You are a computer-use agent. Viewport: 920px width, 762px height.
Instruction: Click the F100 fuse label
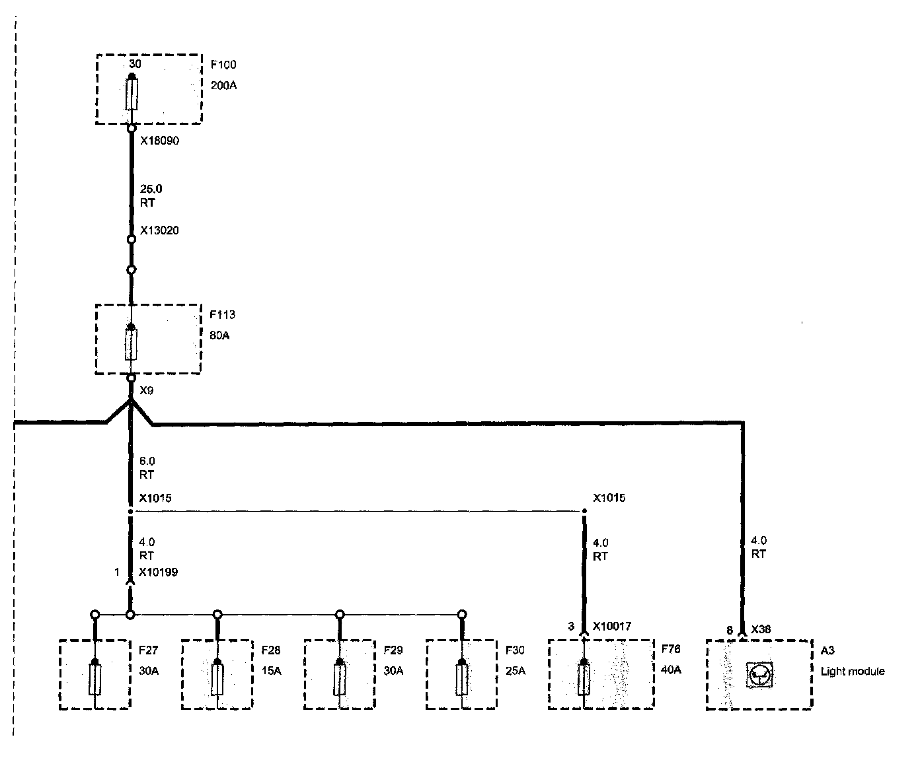[223, 65]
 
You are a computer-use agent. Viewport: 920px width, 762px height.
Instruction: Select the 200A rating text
[223, 85]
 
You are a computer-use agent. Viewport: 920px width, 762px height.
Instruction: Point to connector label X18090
[159, 141]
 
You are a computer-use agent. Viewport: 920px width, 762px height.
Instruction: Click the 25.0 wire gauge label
[151, 189]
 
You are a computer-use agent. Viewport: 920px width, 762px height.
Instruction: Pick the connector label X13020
[159, 230]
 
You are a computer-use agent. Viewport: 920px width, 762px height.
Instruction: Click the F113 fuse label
[222, 315]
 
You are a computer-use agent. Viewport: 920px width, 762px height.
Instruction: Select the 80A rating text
[220, 335]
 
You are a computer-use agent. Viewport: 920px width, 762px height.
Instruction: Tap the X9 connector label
[147, 390]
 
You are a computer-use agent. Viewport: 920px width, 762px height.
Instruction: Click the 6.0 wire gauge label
[147, 461]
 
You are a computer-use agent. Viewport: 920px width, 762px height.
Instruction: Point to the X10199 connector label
[159, 572]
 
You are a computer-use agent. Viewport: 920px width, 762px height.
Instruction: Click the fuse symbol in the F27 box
[95, 679]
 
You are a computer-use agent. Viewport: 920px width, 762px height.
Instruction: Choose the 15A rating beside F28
[271, 671]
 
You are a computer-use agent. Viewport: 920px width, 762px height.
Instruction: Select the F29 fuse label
[393, 650]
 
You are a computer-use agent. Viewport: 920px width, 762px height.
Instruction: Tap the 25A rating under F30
[516, 671]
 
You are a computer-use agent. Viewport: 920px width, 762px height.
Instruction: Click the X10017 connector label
[612, 626]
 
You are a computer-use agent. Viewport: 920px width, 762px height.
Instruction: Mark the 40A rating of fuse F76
[671, 670]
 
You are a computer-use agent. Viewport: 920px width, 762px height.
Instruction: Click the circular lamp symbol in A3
[759, 675]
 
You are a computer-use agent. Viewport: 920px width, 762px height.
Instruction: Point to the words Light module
[852, 672]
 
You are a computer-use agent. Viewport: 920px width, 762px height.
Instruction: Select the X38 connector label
[761, 629]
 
